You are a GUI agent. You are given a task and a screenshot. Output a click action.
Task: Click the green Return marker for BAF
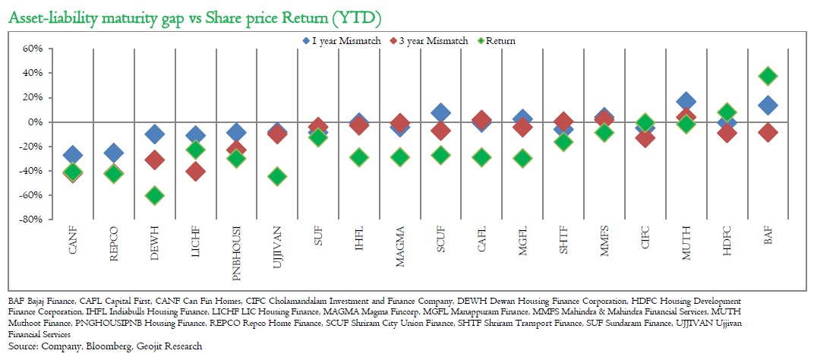pyautogui.click(x=768, y=76)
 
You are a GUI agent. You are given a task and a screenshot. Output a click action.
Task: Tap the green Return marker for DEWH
pyautogui.click(x=155, y=195)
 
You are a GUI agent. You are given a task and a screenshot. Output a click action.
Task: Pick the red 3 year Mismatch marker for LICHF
pyautogui.click(x=195, y=171)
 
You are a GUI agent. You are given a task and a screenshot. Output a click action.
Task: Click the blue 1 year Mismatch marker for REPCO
pyautogui.click(x=114, y=153)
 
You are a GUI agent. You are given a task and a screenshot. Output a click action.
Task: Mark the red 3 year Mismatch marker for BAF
pyautogui.click(x=768, y=132)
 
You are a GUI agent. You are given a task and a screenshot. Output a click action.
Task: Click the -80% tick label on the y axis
pyautogui.click(x=32, y=219)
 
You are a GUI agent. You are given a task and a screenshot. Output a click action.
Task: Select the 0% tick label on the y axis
pyautogui.click(x=36, y=122)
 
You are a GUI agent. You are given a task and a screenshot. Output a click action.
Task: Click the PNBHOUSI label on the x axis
pyautogui.click(x=237, y=245)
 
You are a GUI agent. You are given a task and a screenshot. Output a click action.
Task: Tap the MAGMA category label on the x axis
pyautogui.click(x=400, y=242)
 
